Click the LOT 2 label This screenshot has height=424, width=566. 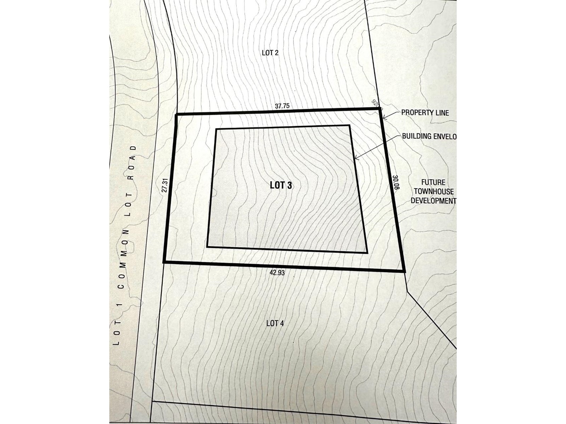270,53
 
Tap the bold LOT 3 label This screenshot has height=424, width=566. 281,185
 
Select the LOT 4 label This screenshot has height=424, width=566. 275,323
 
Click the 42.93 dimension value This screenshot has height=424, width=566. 277,273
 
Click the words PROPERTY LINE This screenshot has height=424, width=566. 425,113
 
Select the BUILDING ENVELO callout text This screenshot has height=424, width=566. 429,136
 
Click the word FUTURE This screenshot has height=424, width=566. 433,183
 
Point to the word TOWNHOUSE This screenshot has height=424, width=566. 434,192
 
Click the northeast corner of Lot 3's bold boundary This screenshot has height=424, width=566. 381,110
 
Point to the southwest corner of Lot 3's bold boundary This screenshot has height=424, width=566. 164,262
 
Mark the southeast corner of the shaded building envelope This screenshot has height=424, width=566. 367,253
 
